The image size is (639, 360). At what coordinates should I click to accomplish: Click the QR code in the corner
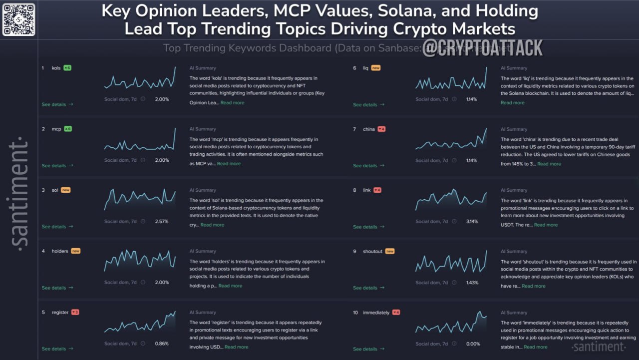coord(19,19)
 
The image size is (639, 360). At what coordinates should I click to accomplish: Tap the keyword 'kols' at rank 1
coord(56,68)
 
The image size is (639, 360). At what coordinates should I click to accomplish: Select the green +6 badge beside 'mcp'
coord(67,129)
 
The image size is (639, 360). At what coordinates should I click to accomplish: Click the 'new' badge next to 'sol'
coord(65,190)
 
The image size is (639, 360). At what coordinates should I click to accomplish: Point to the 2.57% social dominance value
coord(162,221)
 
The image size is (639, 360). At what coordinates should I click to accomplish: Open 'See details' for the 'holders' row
coord(57,288)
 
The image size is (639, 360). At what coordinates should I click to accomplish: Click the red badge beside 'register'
coord(75,313)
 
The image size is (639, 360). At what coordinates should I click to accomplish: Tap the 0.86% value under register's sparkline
coord(162,344)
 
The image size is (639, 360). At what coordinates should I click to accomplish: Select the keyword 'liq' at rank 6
coord(365,68)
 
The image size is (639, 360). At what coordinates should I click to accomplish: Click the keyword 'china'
coord(368,129)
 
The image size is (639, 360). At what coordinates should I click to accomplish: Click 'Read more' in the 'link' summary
coord(546,225)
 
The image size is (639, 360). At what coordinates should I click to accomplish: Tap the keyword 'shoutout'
coord(372,252)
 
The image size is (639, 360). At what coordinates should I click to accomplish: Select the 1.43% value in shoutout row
coord(472,283)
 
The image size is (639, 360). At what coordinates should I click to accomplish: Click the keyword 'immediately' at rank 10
coord(376,313)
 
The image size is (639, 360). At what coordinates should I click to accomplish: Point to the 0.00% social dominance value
coord(473,344)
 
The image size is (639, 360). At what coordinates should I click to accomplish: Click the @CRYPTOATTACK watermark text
coord(482,48)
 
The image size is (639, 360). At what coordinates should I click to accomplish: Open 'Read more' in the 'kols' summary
coord(232,102)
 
